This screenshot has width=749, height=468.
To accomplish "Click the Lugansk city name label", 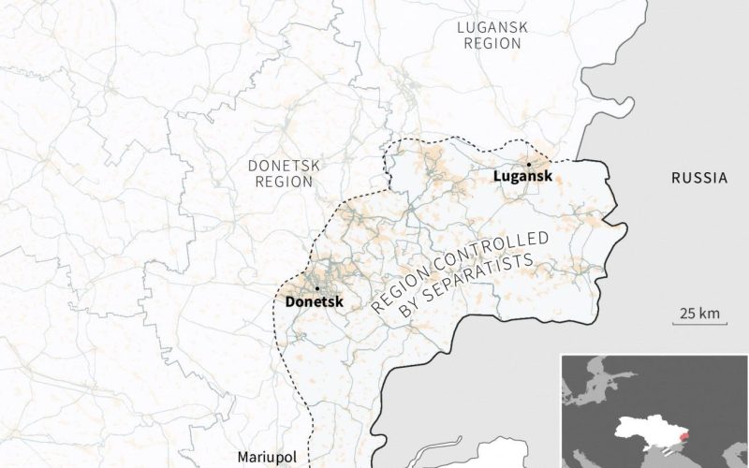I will pos(521,176).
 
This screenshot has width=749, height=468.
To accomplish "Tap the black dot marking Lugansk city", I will pos(529,164).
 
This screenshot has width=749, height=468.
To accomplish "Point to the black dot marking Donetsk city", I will pos(318,288).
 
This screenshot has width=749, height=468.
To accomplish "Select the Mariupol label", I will pos(267,457).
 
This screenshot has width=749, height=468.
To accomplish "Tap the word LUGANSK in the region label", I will pos(491,27).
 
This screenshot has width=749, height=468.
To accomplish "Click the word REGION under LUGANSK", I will pos(491,44).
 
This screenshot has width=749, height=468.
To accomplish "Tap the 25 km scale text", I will pos(699,313).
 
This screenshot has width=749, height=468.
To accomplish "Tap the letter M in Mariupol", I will pos(243,457).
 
